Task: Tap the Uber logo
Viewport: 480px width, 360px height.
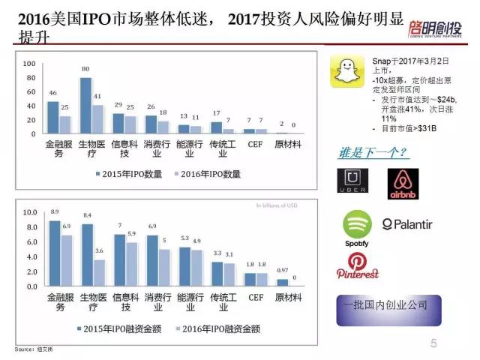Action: (351, 183)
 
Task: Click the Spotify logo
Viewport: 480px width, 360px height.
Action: (357, 227)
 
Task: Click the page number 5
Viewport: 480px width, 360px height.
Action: (434, 343)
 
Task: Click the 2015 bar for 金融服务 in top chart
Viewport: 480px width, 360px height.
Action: (52, 117)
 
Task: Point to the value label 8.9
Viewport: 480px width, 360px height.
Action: (53, 213)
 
